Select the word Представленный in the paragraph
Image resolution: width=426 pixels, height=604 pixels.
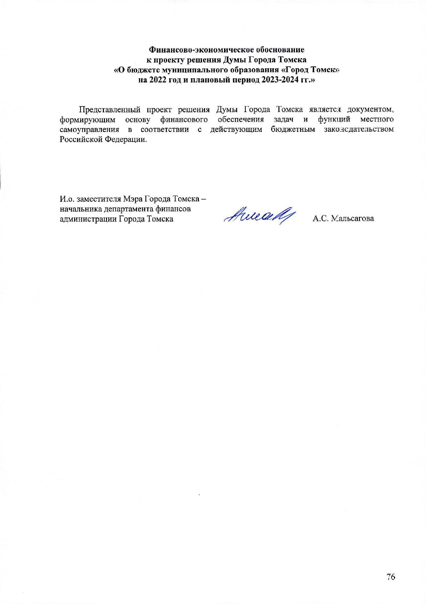click(110, 110)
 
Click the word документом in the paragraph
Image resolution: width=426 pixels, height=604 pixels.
click(370, 110)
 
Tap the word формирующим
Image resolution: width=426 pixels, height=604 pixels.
click(87, 120)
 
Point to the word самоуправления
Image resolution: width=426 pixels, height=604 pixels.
click(89, 130)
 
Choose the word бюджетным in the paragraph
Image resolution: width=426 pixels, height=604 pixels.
click(293, 130)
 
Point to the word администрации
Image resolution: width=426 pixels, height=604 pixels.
click(88, 219)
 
